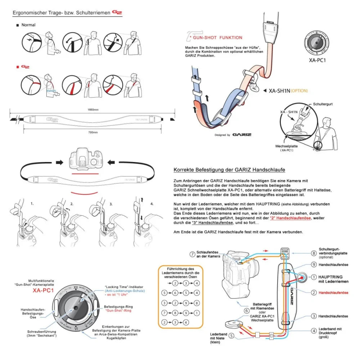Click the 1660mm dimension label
tap(93, 109)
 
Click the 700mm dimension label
tap(93, 132)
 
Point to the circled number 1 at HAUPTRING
tap(314, 277)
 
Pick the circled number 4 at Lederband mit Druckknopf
tap(314, 330)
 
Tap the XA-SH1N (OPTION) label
tap(288, 91)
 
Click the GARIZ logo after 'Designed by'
tap(242, 135)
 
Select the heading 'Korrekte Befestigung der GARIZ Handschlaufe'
tap(230, 170)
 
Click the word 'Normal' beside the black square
tap(28, 25)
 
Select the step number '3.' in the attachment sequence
tap(111, 204)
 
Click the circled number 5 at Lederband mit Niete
tap(231, 336)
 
